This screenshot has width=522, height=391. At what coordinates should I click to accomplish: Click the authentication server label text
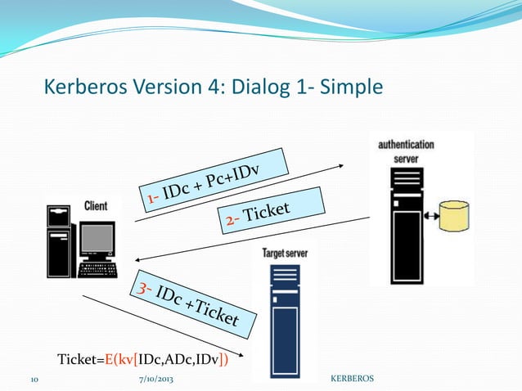pyautogui.click(x=406, y=151)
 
